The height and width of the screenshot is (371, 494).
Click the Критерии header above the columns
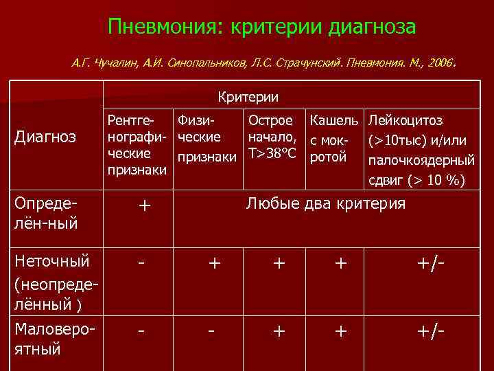pyautogui.click(x=248, y=98)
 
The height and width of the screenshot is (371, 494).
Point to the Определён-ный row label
pyautogui.click(x=45, y=215)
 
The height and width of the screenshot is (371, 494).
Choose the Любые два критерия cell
pyautogui.click(x=325, y=204)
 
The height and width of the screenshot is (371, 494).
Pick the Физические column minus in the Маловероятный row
pyautogui.click(x=213, y=331)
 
